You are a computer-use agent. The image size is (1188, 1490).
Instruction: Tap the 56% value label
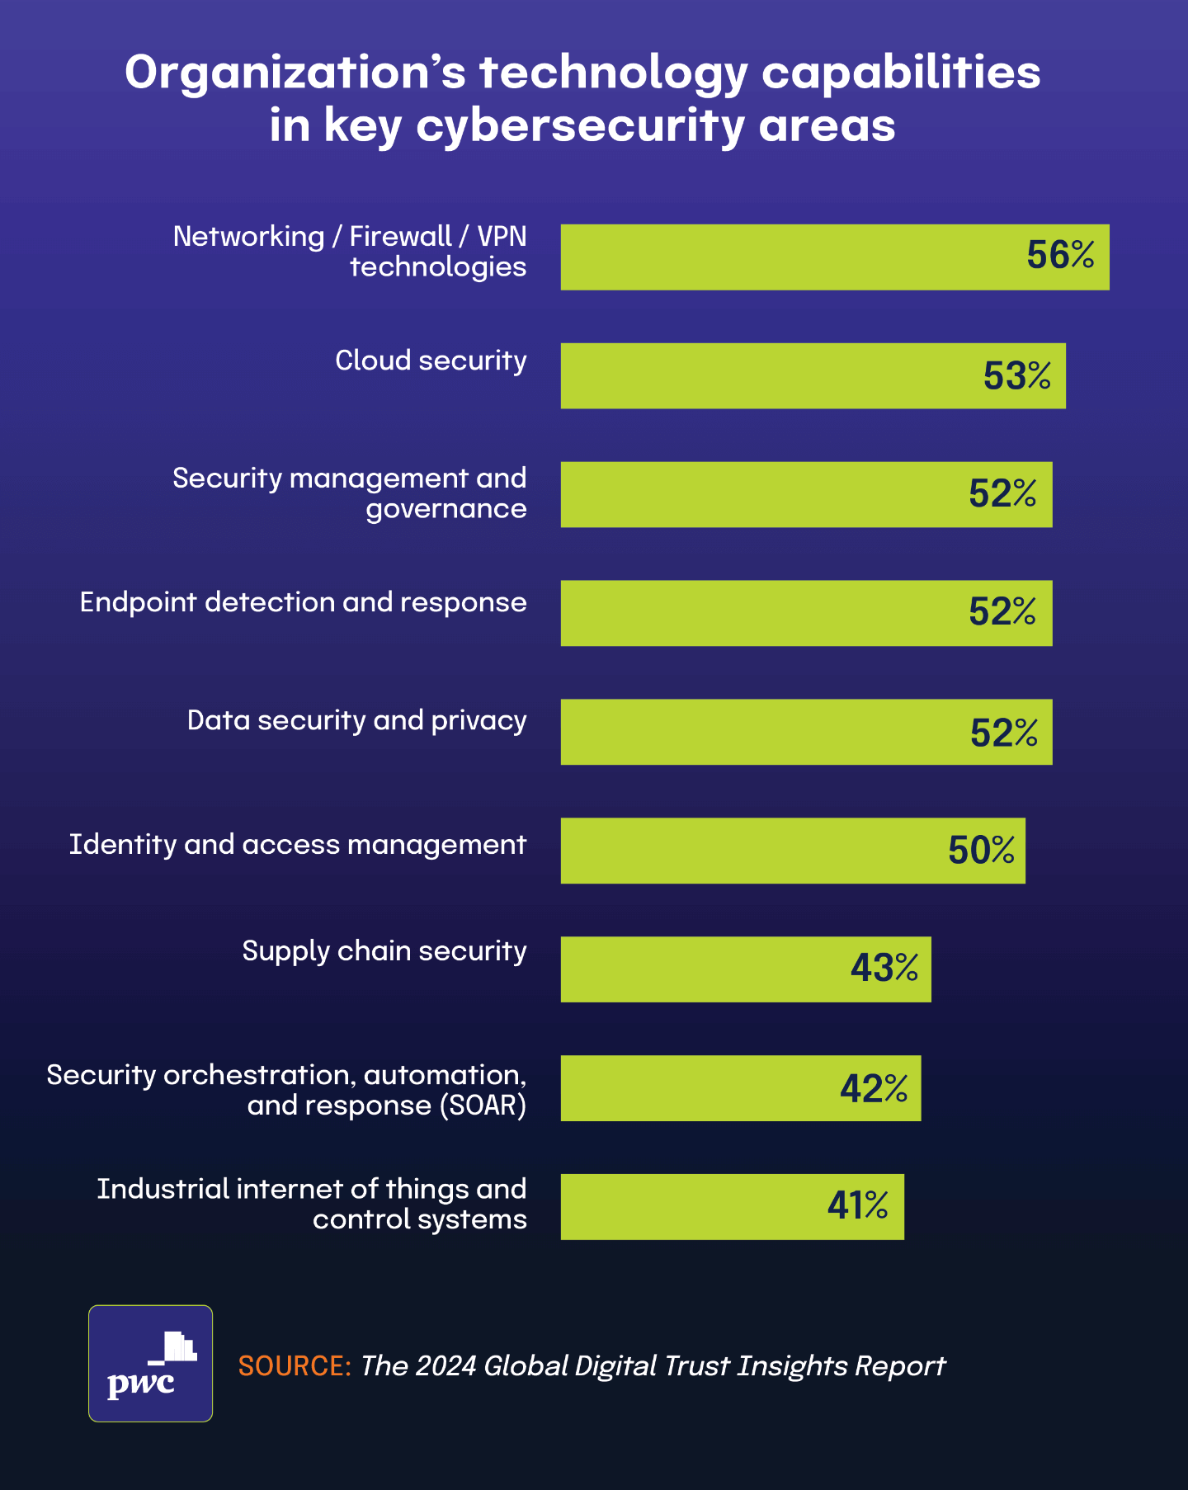1060,255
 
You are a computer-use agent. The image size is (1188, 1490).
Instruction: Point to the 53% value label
1016,375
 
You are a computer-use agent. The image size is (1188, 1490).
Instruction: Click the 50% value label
981,850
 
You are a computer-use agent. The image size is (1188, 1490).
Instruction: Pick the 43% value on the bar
884,968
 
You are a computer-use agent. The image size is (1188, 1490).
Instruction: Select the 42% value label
874,1088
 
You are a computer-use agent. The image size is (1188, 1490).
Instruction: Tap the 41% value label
857,1205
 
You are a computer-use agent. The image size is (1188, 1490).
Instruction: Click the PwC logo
150,1363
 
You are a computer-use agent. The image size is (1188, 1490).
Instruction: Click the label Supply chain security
384,951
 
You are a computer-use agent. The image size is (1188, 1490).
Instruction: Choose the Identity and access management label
297,845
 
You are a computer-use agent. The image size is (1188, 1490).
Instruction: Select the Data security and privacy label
356,720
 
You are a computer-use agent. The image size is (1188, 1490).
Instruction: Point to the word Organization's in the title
295,73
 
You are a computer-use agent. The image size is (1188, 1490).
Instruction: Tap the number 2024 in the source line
446,1366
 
